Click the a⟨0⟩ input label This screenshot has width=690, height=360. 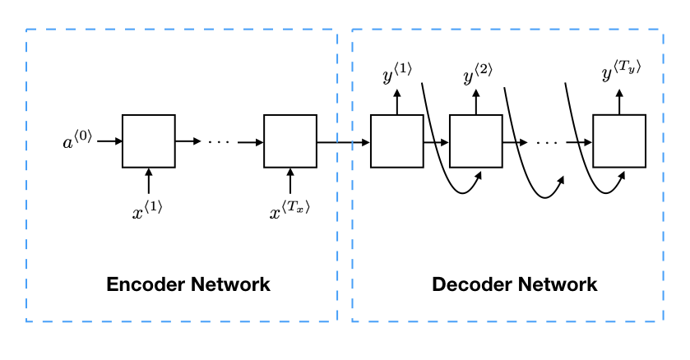point(78,141)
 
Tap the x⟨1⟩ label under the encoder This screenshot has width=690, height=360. point(148,210)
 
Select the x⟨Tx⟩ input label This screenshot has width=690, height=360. point(290,212)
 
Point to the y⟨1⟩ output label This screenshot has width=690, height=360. point(396,76)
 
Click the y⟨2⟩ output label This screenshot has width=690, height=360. point(477,76)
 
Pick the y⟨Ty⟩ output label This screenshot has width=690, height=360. point(620,74)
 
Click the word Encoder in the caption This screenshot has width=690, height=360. point(146,285)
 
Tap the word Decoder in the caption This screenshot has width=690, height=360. point(472,285)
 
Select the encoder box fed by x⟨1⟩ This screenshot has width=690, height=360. point(149,141)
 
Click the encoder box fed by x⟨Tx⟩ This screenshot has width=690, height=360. point(290,141)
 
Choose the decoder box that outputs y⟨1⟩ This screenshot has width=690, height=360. point(397,141)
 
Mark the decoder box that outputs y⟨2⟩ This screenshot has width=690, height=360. point(476,141)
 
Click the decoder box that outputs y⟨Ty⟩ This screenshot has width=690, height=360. point(619,141)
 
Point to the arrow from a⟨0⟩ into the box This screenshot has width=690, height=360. point(109,141)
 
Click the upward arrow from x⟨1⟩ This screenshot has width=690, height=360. point(149,182)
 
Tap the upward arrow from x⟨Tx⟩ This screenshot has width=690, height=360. point(290,182)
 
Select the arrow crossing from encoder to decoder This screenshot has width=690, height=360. point(344,141)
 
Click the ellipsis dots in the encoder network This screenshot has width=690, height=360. point(220,141)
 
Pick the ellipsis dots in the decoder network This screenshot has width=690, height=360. point(548,141)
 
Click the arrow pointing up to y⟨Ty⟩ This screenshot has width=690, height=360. point(619,101)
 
